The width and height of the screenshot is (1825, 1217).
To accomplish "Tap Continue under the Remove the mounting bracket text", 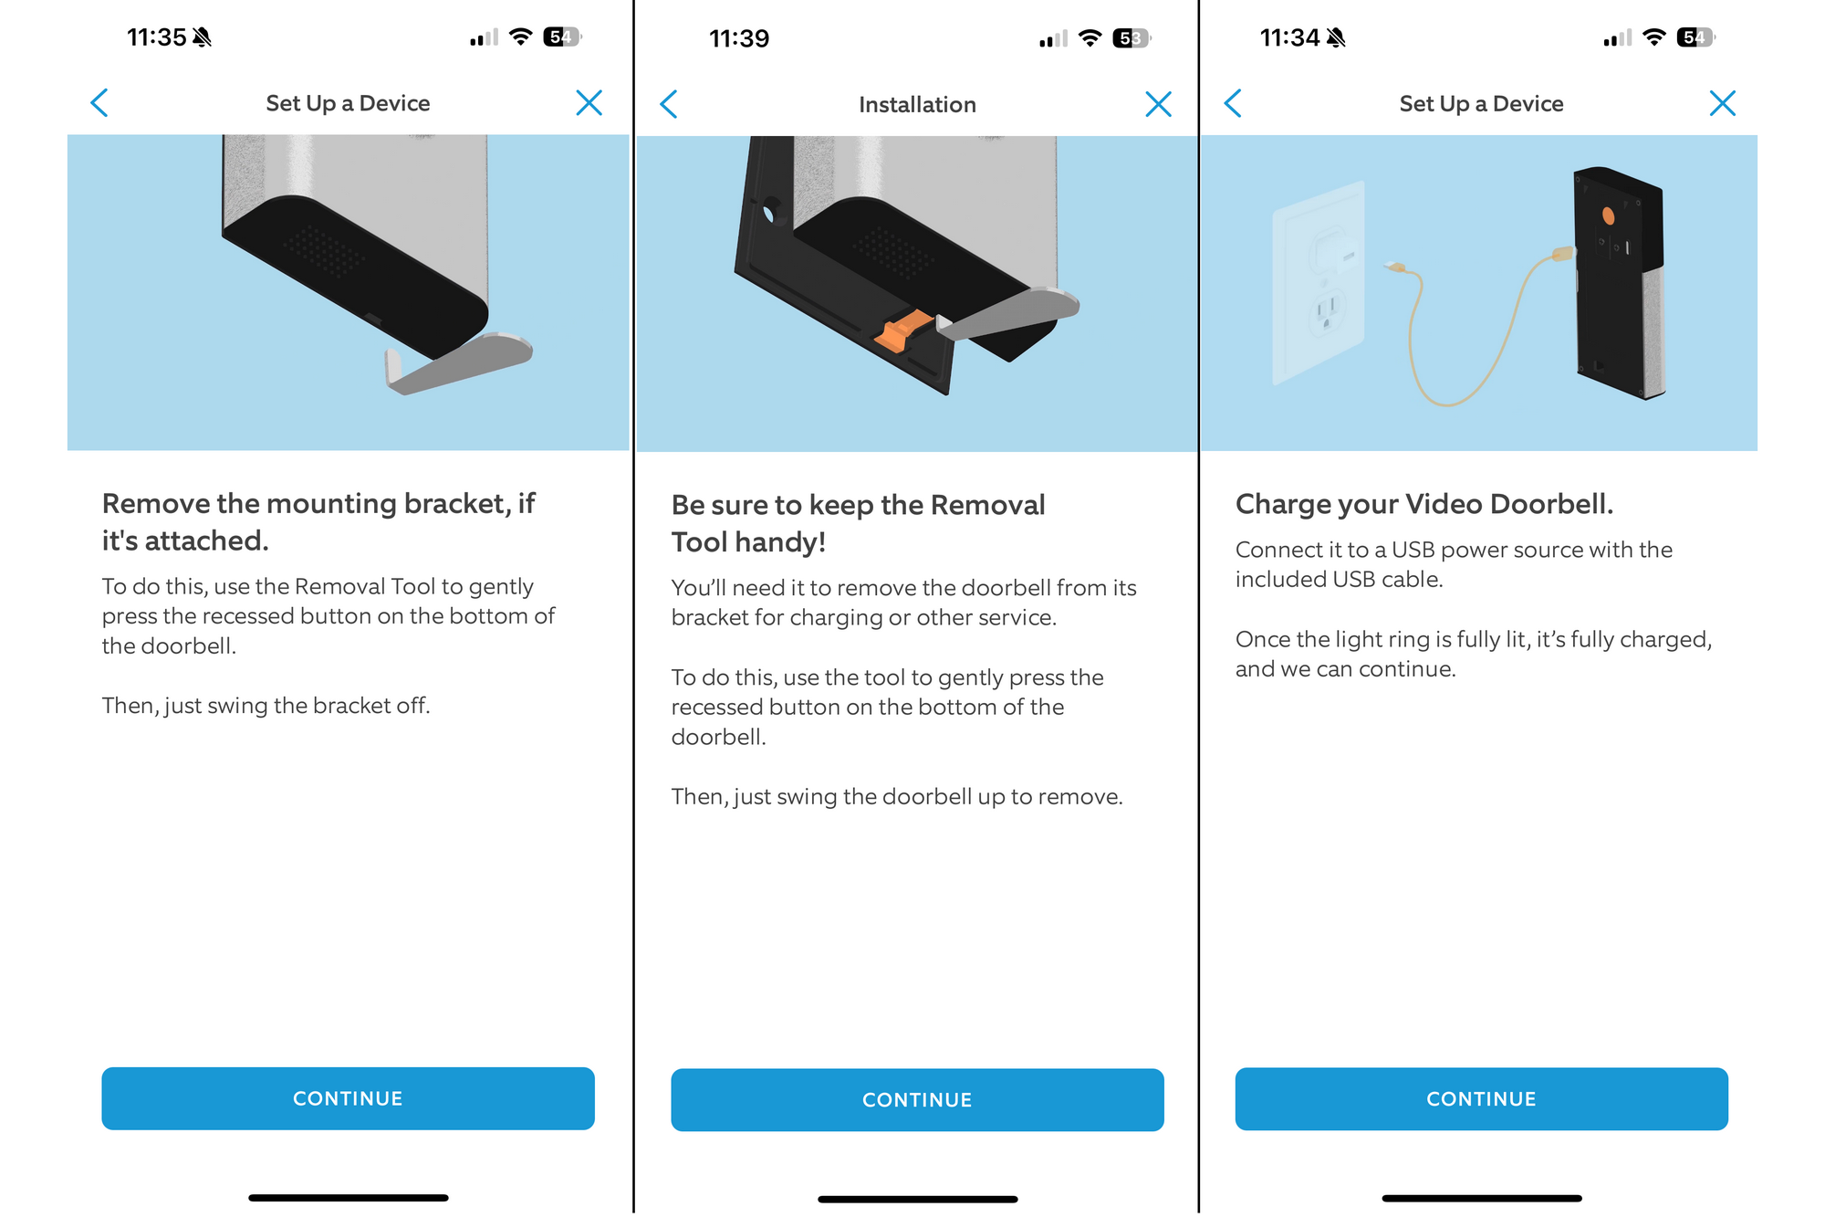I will click(x=348, y=1098).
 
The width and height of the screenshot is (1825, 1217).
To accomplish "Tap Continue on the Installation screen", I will click(x=917, y=1100).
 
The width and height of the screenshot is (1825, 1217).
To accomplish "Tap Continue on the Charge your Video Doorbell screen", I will click(x=1481, y=1099).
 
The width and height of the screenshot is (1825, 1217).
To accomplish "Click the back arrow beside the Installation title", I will click(x=669, y=104).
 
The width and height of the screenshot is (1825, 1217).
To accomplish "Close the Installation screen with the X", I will click(x=1158, y=104).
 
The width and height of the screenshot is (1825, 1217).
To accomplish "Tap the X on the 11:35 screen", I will click(x=589, y=103).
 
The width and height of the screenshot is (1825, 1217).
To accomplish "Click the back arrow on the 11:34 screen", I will click(x=1233, y=103).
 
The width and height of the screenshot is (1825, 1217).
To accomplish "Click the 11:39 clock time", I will click(x=739, y=38).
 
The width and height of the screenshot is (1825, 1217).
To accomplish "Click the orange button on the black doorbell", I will click(x=1608, y=216).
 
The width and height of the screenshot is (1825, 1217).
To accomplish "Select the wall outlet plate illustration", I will click(x=1318, y=283).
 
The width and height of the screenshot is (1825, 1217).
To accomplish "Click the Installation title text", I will click(x=917, y=105).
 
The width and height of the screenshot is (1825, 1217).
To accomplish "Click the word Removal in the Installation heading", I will click(x=987, y=505).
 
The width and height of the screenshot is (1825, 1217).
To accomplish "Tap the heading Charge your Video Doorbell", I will click(x=1423, y=504).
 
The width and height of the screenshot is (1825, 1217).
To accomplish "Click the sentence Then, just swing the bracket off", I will click(x=266, y=706).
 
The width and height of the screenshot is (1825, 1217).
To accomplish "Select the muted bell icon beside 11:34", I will click(x=1336, y=37).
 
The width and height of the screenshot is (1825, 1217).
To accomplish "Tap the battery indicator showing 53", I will click(x=1131, y=38).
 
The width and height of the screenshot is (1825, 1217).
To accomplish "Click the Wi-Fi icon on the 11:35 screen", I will click(x=520, y=37).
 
